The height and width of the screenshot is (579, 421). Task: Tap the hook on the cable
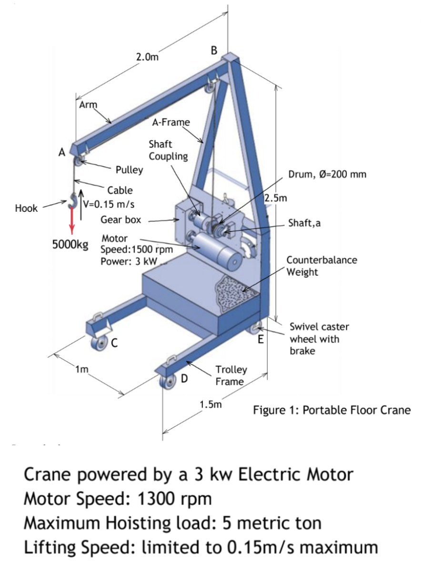[x=73, y=201]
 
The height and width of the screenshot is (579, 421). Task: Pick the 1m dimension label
[x=82, y=368]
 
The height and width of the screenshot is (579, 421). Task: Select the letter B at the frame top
[x=214, y=50]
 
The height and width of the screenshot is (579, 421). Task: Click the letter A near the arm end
[x=61, y=153]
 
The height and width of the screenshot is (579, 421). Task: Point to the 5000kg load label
[x=70, y=245]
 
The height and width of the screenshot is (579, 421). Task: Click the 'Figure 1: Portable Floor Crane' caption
[x=331, y=410]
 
